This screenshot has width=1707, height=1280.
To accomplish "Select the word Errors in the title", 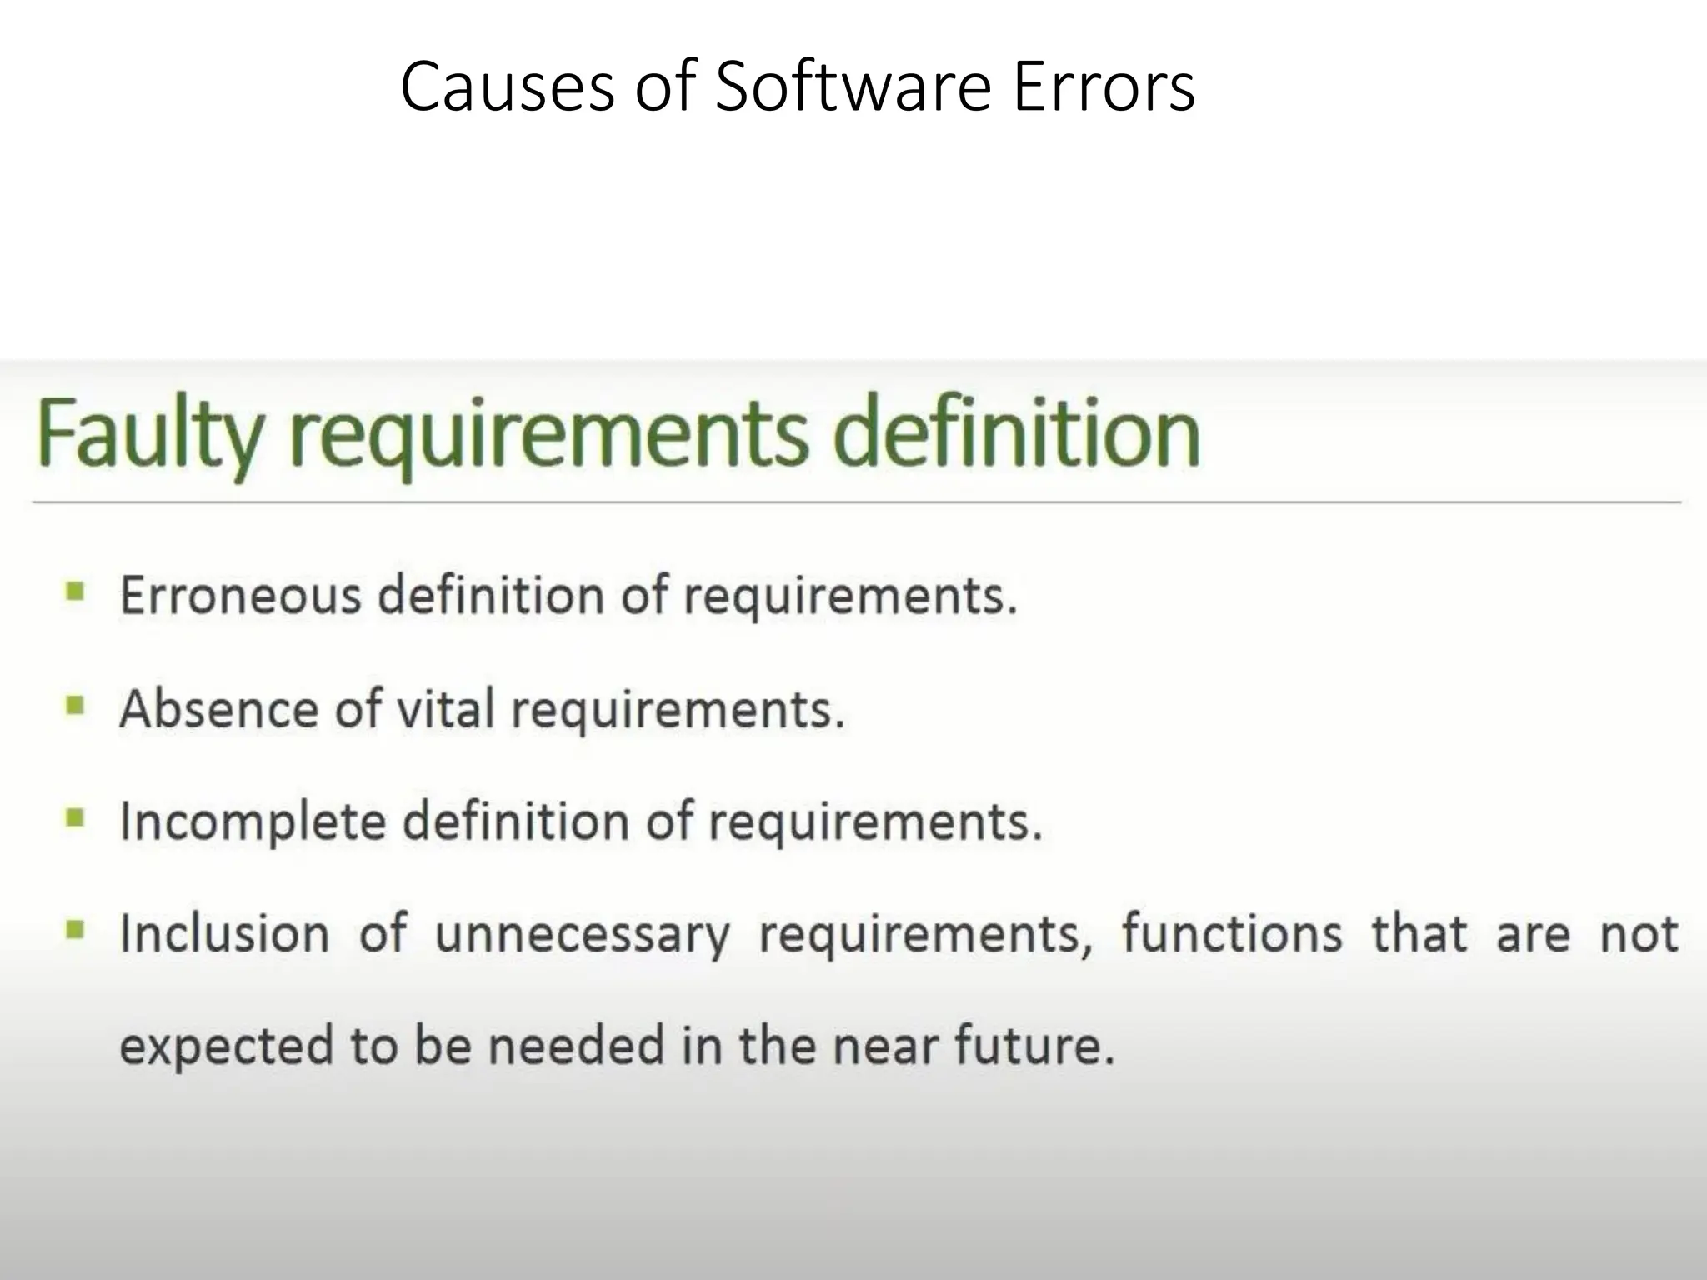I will (1104, 87).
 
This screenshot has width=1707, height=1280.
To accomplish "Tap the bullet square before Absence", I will (75, 707).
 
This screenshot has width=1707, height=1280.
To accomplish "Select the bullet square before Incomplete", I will (75, 819).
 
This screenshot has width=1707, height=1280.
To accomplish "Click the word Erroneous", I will (241, 596).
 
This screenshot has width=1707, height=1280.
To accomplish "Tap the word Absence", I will (219, 709).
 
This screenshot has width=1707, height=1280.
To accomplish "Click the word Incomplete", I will (253, 822).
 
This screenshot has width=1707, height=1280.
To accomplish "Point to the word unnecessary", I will (582, 935).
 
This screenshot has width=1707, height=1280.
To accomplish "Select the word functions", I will (1231, 933).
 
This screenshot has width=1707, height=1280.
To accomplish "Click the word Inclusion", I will (224, 933).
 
